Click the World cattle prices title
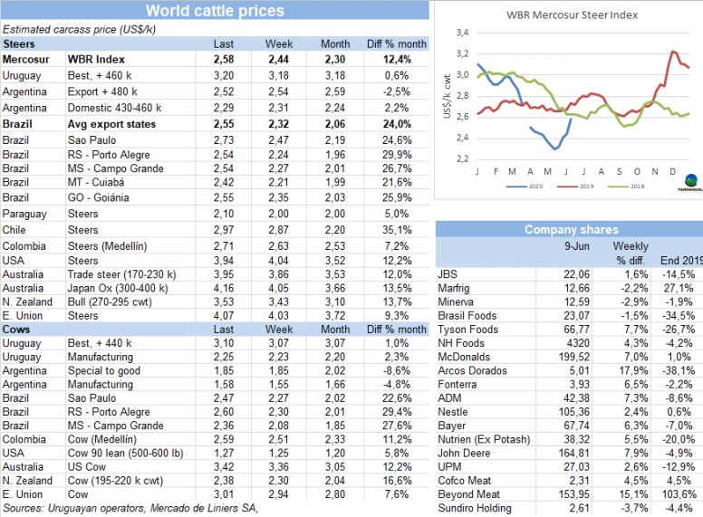point(215,11)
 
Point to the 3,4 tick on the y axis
point(461,33)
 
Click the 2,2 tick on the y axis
point(461,159)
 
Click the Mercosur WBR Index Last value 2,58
point(223,59)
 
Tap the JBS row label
point(447,274)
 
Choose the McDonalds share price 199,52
point(558,356)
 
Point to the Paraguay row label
point(24,214)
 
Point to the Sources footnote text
point(130,508)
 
